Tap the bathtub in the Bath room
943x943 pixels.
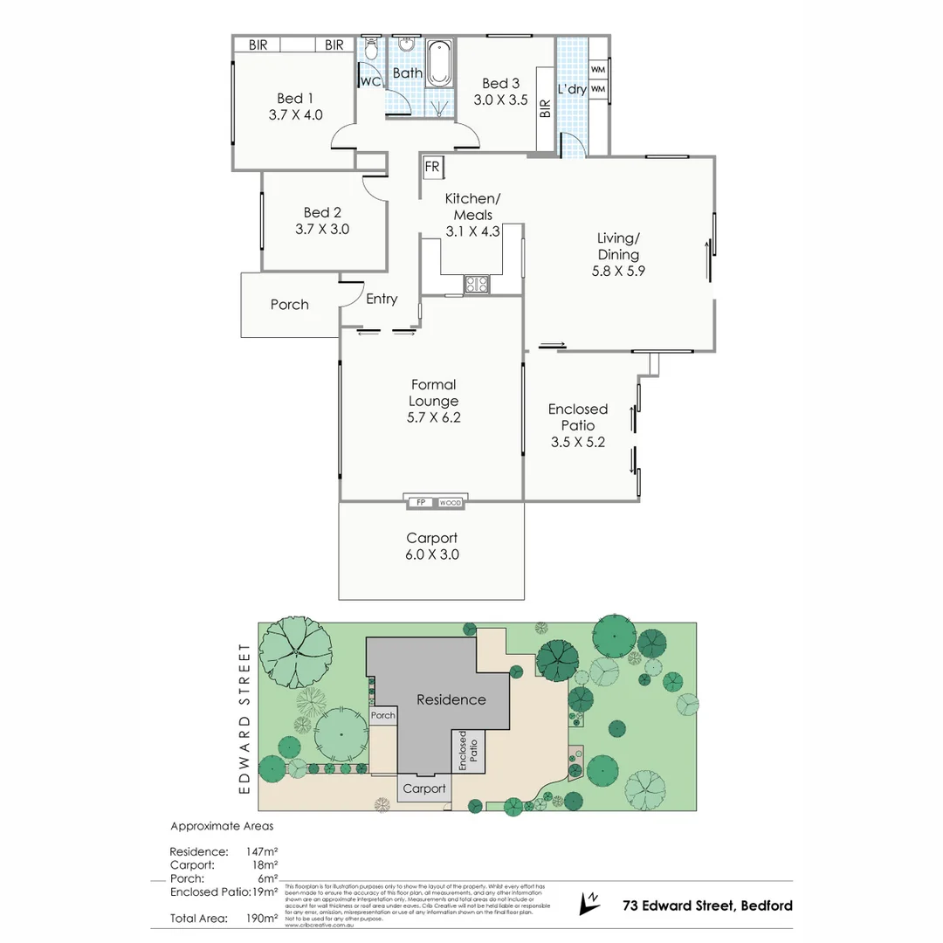(x=439, y=64)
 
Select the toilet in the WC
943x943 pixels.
(x=370, y=50)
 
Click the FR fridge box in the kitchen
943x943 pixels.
(x=431, y=166)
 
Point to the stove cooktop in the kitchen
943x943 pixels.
(x=478, y=283)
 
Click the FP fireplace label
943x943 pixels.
(x=420, y=502)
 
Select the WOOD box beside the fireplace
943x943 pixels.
(x=450, y=502)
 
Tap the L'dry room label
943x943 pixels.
(x=572, y=89)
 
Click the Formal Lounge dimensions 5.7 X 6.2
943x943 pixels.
(x=433, y=417)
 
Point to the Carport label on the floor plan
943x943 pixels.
(x=431, y=538)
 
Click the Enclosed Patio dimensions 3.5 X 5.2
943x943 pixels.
(x=577, y=442)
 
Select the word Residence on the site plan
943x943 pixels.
(x=451, y=699)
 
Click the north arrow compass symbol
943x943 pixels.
(x=590, y=902)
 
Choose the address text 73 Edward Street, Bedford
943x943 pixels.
(x=707, y=905)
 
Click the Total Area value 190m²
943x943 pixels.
(x=261, y=918)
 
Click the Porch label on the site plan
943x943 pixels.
(x=383, y=715)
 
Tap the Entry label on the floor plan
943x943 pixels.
(x=382, y=299)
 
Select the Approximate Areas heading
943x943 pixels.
(x=222, y=825)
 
